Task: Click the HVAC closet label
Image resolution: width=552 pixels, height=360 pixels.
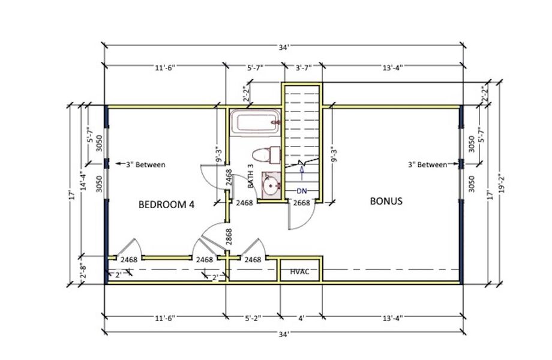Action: pyautogui.click(x=299, y=272)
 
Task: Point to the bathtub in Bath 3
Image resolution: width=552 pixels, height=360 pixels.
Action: pyautogui.click(x=255, y=123)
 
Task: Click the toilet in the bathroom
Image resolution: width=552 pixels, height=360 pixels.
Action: pyautogui.click(x=266, y=154)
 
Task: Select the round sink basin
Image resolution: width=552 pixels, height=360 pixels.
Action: pyautogui.click(x=271, y=185)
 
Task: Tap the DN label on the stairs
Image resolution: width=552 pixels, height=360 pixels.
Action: pyautogui.click(x=302, y=191)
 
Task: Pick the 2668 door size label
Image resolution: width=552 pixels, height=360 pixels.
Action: pyautogui.click(x=301, y=203)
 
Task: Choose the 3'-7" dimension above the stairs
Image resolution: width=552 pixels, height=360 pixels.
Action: pyautogui.click(x=302, y=68)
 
